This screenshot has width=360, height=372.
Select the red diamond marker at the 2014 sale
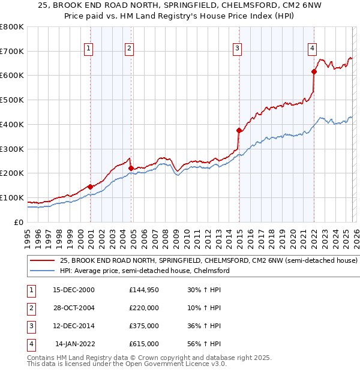point(239,130)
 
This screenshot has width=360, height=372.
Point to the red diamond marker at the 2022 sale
point(314,71)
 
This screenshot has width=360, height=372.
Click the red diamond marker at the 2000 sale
point(90,187)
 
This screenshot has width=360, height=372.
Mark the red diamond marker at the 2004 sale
point(131,168)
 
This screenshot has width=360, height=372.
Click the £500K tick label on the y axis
point(11,100)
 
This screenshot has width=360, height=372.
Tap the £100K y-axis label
point(11,197)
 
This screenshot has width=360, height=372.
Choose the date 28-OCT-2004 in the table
point(73,307)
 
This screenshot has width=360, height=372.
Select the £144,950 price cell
point(144,289)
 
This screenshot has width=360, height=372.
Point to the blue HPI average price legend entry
point(145,271)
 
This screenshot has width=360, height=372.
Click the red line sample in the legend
point(42,261)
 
